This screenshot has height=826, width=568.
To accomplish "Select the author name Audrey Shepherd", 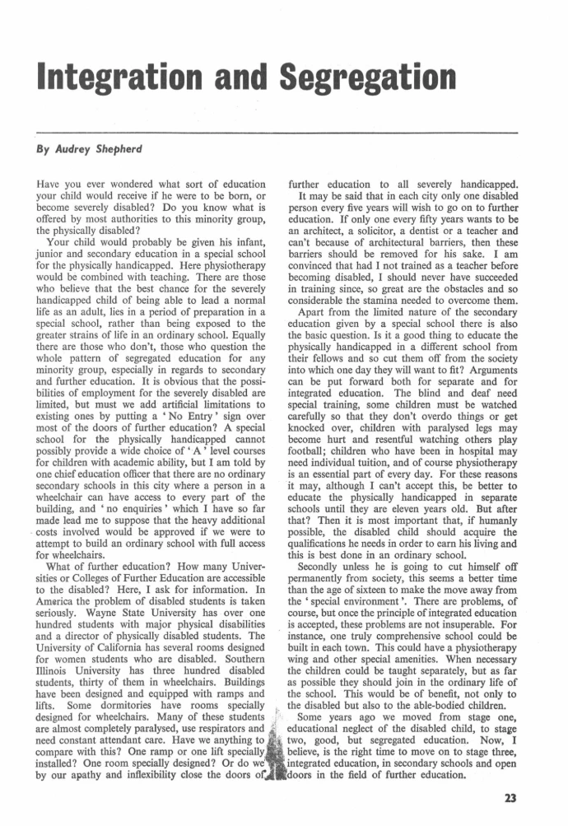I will click(x=91, y=152).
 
